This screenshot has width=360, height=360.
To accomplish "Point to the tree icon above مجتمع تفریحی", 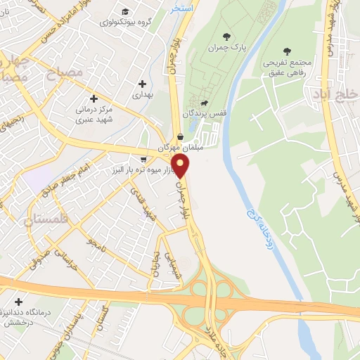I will coord(285,51).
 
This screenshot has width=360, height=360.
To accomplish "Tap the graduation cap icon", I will coord(125,11).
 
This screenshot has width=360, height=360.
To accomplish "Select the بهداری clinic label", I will coord(142,94).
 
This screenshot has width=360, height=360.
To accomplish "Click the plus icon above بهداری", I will coord(143,83).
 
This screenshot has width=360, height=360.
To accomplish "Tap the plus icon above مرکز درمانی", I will coord(94,98).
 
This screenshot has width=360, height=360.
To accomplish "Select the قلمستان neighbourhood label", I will coord(29,220).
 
